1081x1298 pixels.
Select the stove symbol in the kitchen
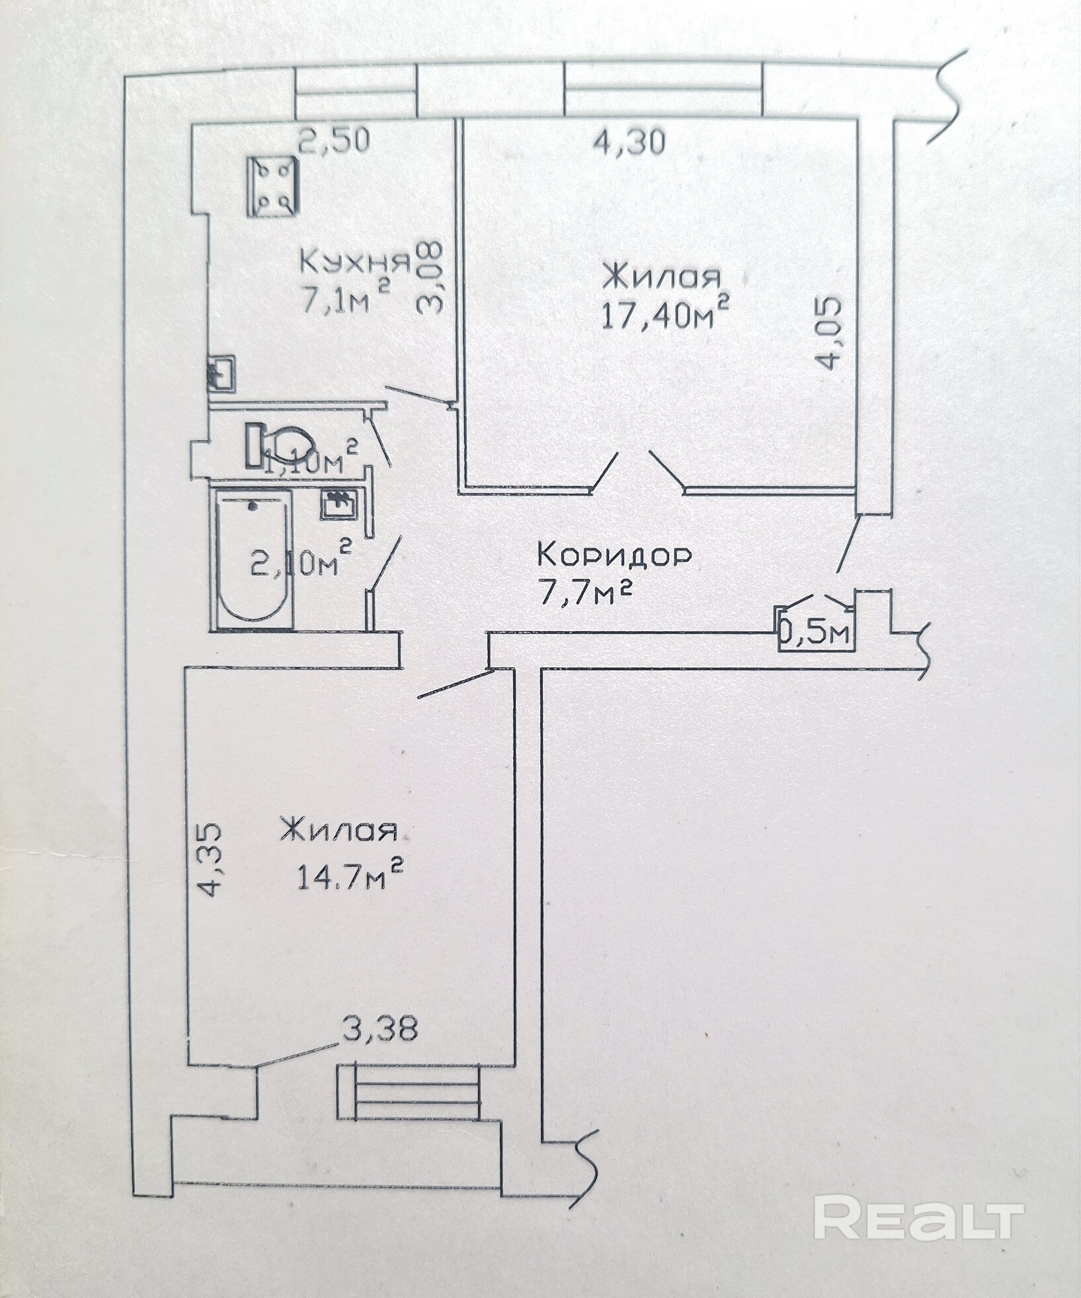[x=271, y=186]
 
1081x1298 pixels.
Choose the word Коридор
[x=615, y=555]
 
